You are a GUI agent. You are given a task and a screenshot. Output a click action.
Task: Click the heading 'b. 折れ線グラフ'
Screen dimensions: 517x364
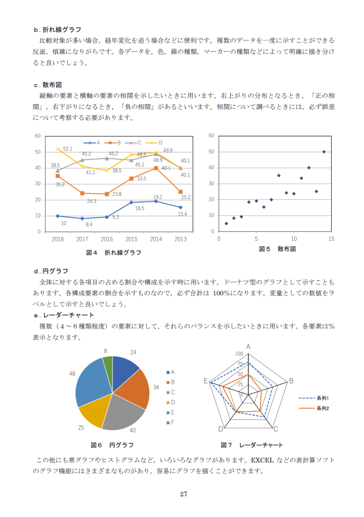point(57,30)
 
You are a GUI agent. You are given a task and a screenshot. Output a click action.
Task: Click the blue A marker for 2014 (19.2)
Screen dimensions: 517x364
point(155,201)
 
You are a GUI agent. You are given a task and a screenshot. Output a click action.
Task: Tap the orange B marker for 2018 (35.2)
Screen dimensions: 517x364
point(58,176)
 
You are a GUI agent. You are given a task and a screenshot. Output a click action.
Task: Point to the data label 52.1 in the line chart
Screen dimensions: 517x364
point(68,149)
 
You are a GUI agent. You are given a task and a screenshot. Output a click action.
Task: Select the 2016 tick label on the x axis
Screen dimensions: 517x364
point(107,239)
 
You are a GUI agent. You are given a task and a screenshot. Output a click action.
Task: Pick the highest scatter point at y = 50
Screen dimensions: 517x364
point(324,151)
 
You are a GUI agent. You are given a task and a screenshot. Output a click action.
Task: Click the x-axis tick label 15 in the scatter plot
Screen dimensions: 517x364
point(331,239)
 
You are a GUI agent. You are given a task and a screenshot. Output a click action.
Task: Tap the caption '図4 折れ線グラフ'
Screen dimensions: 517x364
point(114,252)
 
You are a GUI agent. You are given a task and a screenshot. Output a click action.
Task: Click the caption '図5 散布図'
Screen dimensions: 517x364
point(277,249)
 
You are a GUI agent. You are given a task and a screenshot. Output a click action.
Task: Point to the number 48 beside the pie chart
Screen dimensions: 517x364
point(72,374)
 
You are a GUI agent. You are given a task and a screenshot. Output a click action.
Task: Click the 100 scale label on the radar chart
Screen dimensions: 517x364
point(239,354)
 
